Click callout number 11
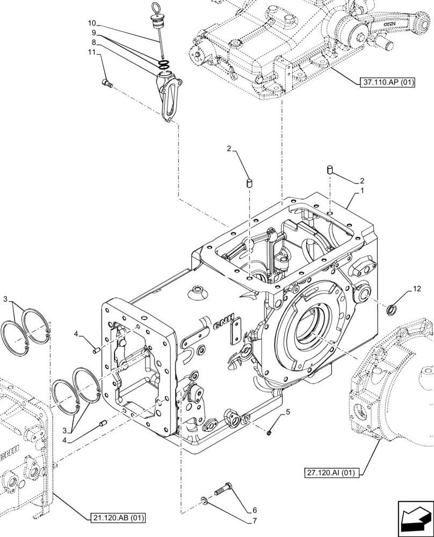(x=91, y=52)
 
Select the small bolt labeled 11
(x=106, y=82)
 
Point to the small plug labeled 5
(x=270, y=431)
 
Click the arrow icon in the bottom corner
(x=414, y=518)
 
